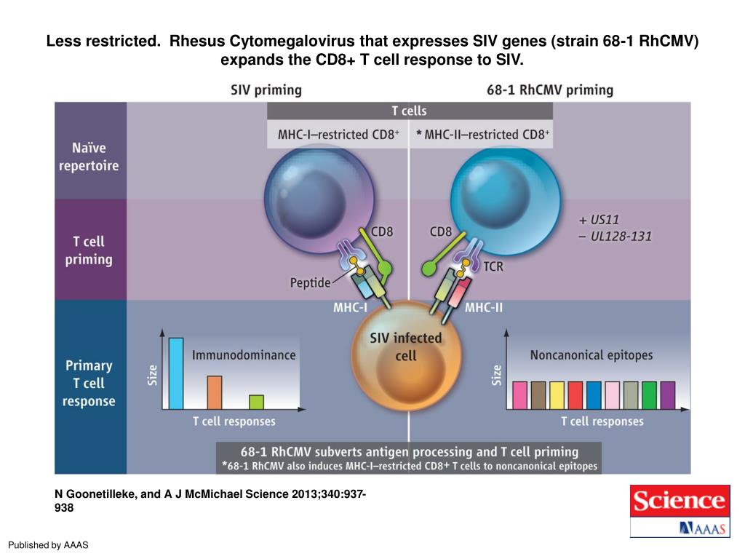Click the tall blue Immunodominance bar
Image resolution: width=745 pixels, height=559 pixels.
click(x=175, y=373)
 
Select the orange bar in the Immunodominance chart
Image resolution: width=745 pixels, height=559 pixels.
click(x=215, y=392)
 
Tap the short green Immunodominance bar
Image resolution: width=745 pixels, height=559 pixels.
click(x=256, y=402)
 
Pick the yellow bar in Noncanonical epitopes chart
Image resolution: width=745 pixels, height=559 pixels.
click(x=557, y=395)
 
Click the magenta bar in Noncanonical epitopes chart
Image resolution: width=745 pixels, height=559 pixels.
click(x=520, y=395)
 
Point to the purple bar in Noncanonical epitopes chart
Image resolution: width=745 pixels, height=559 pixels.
click(x=667, y=395)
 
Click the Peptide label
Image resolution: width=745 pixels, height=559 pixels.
click(x=311, y=282)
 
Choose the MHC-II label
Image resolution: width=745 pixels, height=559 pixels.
click(x=484, y=308)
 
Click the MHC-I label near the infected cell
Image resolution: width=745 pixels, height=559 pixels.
click(x=350, y=308)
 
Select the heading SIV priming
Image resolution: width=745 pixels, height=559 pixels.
click(x=266, y=90)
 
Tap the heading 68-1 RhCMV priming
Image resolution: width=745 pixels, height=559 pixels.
click(x=549, y=90)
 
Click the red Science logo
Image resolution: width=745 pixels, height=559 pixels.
click(x=680, y=501)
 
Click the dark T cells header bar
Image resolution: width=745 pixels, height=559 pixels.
click(x=410, y=111)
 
